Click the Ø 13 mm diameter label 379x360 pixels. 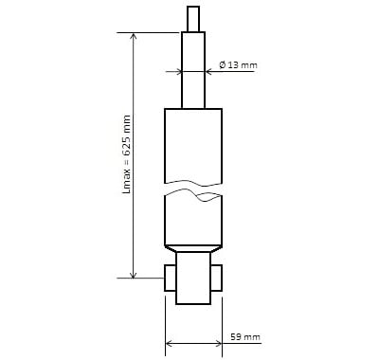click(x=239, y=65)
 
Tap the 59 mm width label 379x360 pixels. click(x=245, y=336)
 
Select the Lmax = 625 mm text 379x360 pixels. click(x=127, y=154)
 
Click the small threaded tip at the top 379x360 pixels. click(x=193, y=19)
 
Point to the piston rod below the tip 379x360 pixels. click(x=193, y=70)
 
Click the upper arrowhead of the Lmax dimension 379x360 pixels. click(x=134, y=36)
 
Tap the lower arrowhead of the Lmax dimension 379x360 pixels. click(x=134, y=274)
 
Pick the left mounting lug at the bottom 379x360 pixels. click(x=171, y=278)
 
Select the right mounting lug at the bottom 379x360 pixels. click(x=216, y=278)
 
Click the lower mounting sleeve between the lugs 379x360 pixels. click(x=193, y=278)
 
